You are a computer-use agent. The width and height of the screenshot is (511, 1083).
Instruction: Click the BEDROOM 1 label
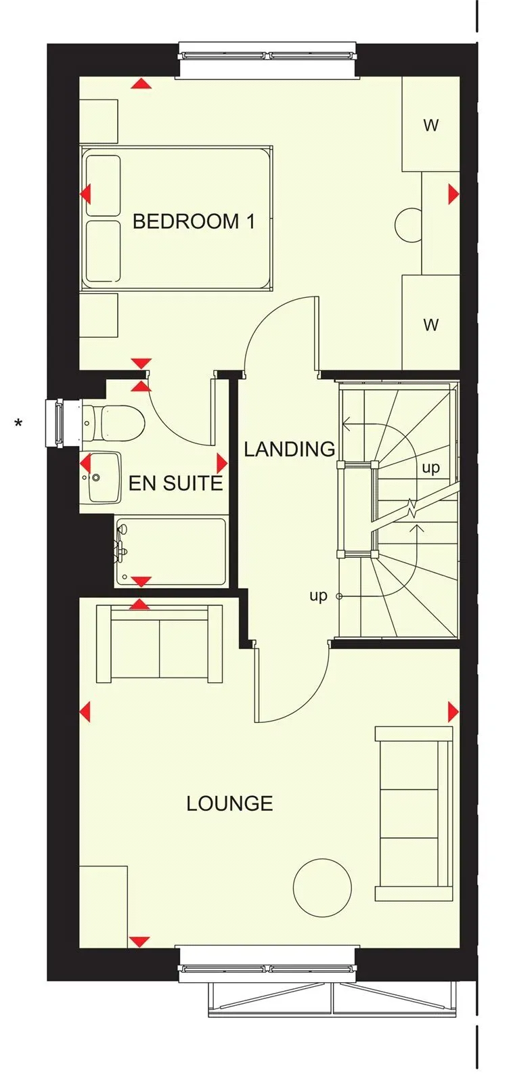tap(194, 221)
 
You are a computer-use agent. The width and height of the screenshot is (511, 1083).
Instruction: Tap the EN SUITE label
tap(175, 483)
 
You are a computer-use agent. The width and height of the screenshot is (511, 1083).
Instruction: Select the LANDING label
tap(289, 449)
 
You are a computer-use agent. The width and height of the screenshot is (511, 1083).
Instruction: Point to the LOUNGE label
tap(229, 803)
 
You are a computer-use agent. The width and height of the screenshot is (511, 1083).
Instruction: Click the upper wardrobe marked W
tap(430, 124)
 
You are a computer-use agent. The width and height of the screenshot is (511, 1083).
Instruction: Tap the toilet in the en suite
tap(114, 422)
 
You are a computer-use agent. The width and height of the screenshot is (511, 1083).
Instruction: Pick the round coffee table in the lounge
tap(322, 888)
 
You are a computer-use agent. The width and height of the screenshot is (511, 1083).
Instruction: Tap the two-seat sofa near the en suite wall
tap(160, 644)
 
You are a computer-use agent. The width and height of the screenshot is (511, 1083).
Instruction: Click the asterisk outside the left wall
tap(18, 424)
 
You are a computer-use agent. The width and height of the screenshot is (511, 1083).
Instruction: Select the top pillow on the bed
tap(103, 185)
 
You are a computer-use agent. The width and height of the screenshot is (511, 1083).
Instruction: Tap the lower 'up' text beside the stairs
tap(319, 596)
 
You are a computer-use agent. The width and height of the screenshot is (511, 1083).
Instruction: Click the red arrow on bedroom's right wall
tap(453, 194)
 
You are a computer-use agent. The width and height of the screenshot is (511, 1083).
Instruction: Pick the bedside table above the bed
tap(99, 121)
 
